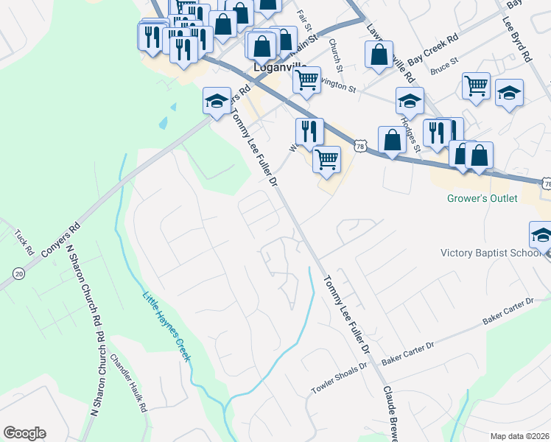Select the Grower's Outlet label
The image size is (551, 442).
[x=482, y=199]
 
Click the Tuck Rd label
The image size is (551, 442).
[x=24, y=242]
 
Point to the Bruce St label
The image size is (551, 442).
[x=445, y=66]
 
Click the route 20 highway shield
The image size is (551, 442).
[x=18, y=274]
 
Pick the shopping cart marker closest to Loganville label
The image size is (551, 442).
[x=306, y=79]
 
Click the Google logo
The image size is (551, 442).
[x=24, y=433]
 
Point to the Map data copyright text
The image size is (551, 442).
[x=520, y=436]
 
